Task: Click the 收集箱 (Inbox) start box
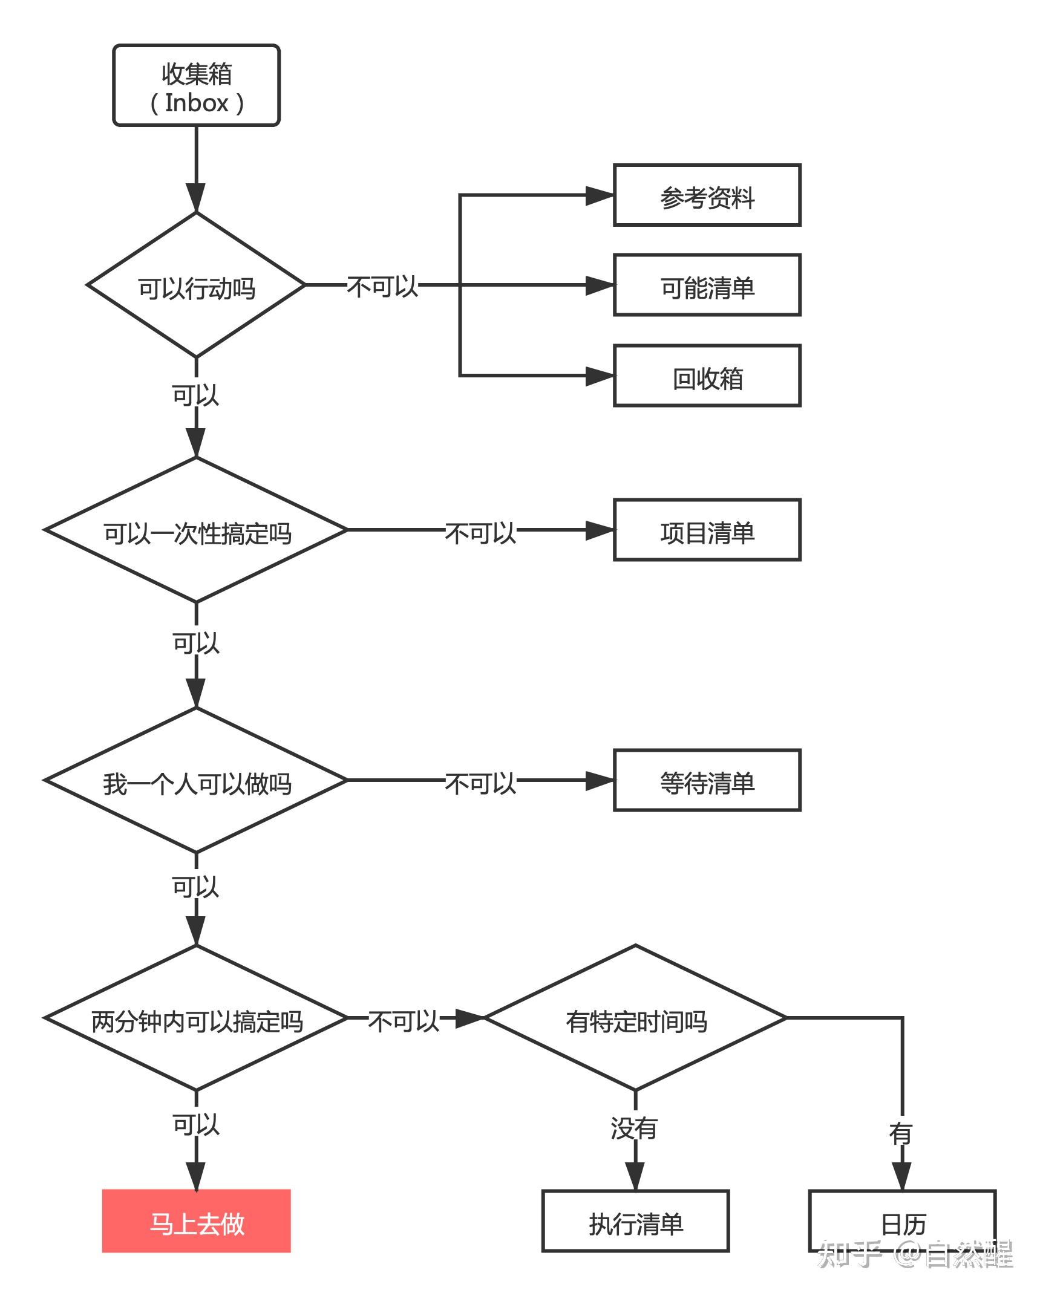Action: click(196, 85)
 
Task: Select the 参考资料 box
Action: click(707, 195)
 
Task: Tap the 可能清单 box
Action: click(707, 285)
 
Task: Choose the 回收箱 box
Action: click(707, 376)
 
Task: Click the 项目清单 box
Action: click(707, 530)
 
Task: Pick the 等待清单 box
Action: click(707, 780)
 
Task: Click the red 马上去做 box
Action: click(196, 1220)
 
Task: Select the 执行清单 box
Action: click(635, 1221)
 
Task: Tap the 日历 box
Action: click(902, 1221)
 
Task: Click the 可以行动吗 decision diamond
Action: click(196, 285)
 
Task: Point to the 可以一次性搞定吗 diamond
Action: click(196, 530)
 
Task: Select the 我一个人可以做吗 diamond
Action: click(196, 780)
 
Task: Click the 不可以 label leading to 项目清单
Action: click(480, 532)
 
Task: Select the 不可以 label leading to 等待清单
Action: click(480, 783)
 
